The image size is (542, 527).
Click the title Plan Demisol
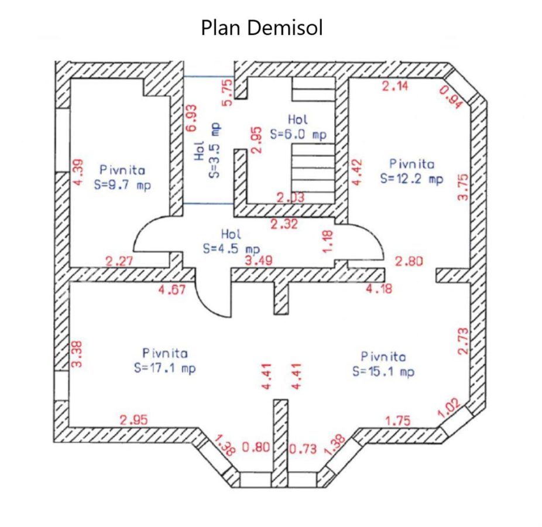click(262, 28)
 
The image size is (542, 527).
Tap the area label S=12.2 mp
click(411, 179)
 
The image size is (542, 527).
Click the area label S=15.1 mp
click(383, 372)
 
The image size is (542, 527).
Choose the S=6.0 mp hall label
click(298, 134)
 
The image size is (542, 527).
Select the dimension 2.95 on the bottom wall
click(133, 419)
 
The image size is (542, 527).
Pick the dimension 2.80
click(409, 261)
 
